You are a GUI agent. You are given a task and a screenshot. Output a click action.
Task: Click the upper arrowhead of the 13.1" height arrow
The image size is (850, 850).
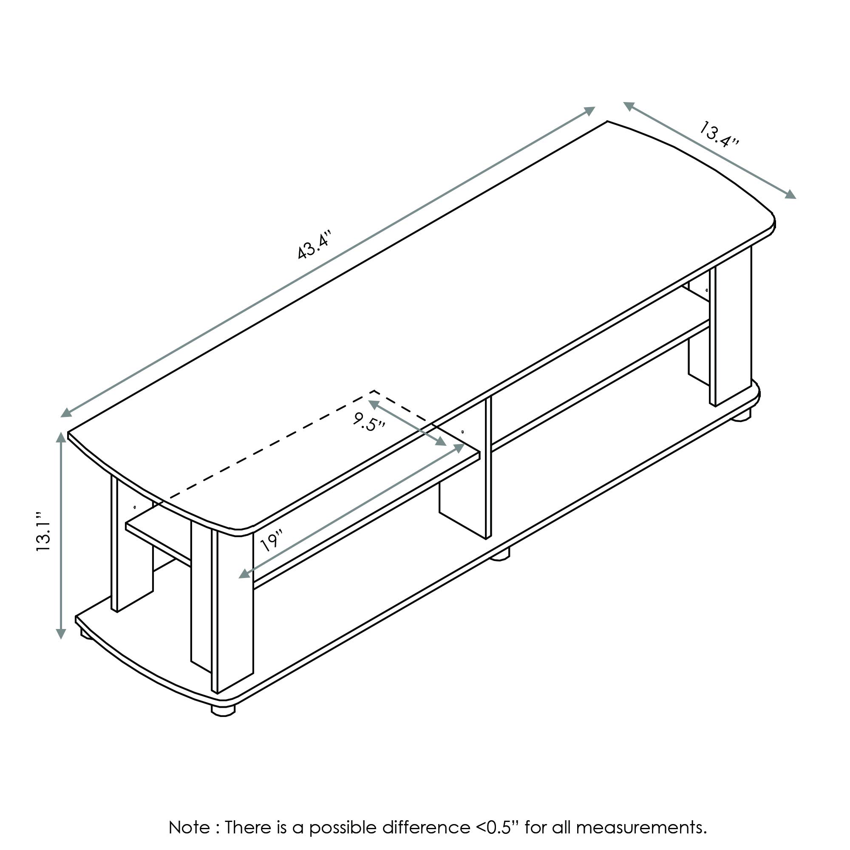[61, 437]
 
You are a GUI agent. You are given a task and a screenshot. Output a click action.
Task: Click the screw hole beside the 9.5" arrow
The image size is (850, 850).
[463, 432]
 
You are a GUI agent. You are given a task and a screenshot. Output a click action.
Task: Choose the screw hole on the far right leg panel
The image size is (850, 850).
[707, 290]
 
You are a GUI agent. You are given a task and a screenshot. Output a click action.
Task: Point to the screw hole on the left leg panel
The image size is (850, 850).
[135, 507]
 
